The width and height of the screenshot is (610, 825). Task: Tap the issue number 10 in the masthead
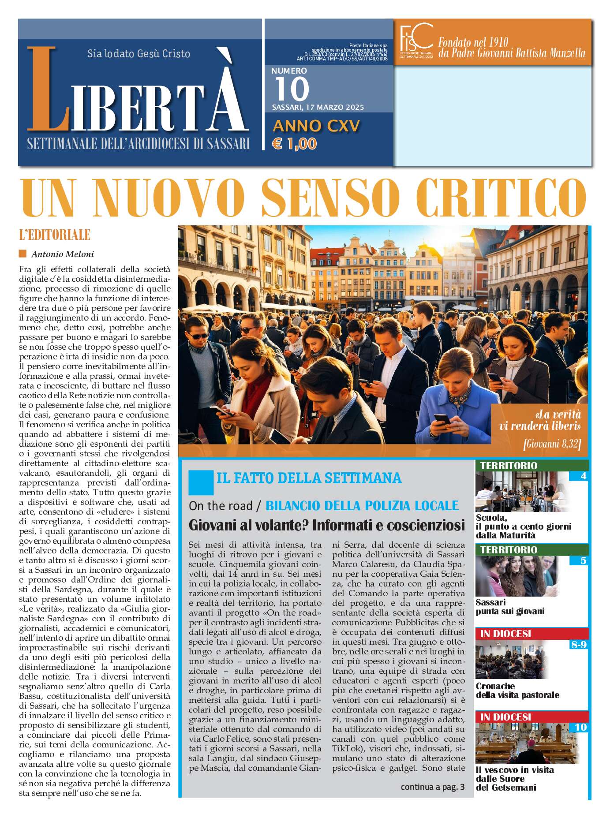292,89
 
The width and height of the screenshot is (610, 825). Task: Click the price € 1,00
294,144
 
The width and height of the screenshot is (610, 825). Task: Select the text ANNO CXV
316,126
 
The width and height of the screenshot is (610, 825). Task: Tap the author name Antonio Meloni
63,254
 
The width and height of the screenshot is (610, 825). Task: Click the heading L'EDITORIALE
55,235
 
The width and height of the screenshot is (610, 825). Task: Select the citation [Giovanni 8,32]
552,444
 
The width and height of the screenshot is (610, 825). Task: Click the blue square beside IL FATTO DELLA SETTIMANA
201,482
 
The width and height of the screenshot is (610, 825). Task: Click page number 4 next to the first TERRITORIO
584,476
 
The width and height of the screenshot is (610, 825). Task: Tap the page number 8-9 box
579,645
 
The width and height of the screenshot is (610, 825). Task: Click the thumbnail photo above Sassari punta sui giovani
516,576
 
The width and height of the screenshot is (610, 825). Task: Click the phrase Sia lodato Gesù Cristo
138,54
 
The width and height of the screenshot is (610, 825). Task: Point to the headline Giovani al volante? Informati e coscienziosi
326,526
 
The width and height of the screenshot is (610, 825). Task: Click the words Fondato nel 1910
473,42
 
